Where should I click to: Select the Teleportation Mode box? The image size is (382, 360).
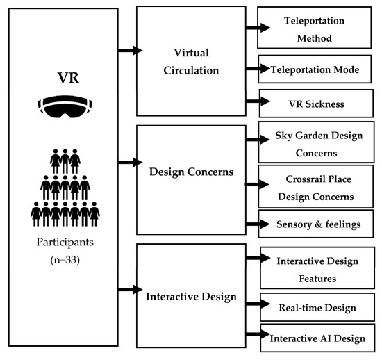click(319, 69)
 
